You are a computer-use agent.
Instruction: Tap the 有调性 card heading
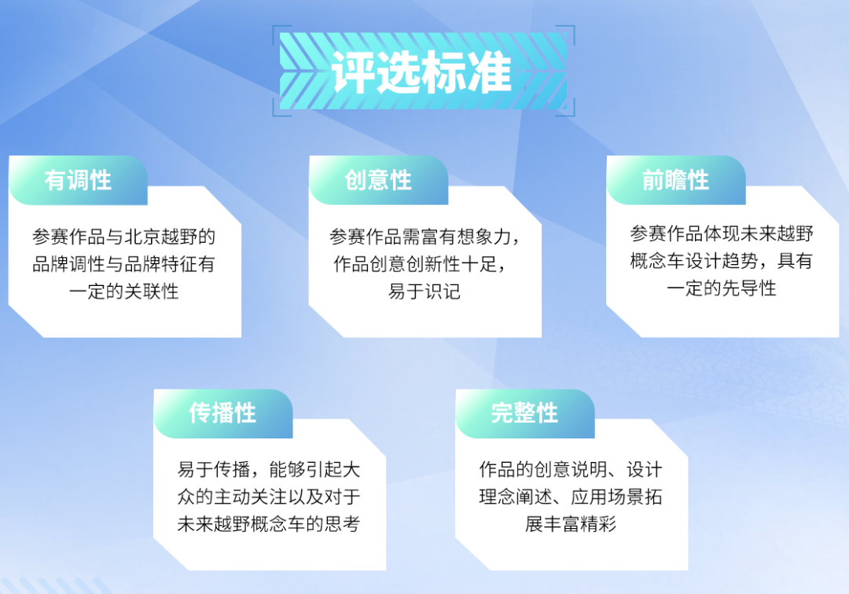click(78, 181)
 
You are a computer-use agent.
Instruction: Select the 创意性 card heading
click(378, 181)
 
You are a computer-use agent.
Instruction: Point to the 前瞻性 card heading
click(676, 181)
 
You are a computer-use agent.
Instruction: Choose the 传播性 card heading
click(222, 413)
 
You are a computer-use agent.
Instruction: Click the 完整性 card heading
click(524, 413)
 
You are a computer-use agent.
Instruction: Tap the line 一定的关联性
click(124, 291)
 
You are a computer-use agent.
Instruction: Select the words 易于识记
click(424, 291)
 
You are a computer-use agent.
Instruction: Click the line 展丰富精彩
click(571, 524)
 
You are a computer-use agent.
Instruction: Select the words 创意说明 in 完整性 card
click(564, 470)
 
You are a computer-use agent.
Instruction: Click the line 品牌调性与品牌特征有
click(124, 264)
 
